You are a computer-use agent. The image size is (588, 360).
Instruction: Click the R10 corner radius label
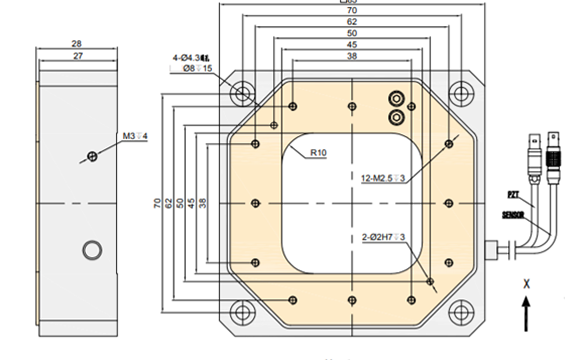point(318,153)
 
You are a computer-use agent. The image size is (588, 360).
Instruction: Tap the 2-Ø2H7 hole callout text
point(383,237)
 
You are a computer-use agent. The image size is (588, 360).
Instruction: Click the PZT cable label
point(513,194)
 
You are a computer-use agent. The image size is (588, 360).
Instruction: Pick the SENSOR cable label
point(513,215)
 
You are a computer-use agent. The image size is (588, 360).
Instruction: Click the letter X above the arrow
point(527,284)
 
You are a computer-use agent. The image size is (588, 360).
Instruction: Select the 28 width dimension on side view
point(76,44)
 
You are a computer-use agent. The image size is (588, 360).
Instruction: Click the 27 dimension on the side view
point(78,56)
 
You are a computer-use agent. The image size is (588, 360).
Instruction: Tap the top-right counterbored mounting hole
point(461,93)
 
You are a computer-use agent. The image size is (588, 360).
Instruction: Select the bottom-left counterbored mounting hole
point(242,312)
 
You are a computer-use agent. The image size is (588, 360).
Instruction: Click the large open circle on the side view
point(92,250)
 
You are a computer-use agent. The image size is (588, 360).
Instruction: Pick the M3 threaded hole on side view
point(93,156)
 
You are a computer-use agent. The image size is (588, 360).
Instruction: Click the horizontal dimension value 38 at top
point(352,56)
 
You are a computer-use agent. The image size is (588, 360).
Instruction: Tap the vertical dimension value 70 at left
point(157,203)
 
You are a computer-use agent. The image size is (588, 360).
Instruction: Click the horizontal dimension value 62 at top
point(352,22)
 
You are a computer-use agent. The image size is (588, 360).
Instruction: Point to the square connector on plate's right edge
point(490,250)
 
